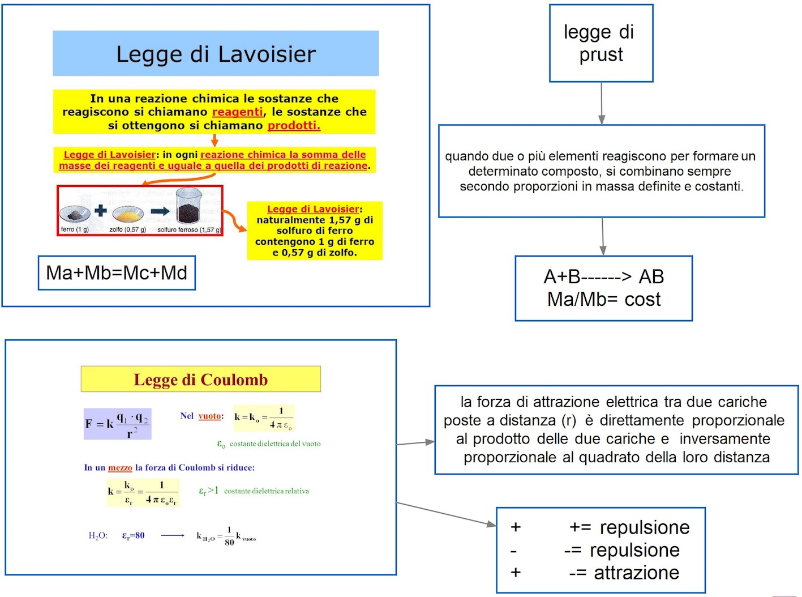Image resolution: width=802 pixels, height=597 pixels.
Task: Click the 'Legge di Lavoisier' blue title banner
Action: point(216,54)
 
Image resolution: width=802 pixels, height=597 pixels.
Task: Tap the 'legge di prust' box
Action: point(601,44)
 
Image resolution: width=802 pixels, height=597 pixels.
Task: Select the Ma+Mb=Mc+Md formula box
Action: point(117,273)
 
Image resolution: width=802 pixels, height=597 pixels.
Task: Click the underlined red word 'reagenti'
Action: point(237,112)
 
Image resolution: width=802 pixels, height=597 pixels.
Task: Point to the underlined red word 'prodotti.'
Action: point(294,126)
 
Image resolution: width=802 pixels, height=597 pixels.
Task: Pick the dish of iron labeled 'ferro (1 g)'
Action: point(75,214)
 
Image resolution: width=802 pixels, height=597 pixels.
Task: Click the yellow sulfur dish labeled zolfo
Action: point(128,214)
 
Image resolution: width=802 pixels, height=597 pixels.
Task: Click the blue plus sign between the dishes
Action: point(101,211)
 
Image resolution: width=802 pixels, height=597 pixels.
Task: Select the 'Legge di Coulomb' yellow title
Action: point(201,379)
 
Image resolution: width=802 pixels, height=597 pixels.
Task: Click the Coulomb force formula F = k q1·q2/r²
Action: point(118,424)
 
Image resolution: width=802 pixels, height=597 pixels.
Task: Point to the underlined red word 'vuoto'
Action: point(209,416)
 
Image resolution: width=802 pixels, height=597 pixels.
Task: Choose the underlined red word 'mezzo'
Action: point(120,468)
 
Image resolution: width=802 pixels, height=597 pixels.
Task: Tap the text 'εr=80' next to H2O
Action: point(134,536)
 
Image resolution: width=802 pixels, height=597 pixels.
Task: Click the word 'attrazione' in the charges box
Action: point(636,573)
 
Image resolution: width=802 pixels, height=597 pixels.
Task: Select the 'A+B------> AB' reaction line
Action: point(603,276)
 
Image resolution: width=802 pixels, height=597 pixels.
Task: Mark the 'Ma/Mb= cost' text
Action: point(603,299)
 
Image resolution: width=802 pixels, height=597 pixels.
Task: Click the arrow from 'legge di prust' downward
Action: point(601,103)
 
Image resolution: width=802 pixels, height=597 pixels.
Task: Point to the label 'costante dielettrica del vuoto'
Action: point(275,444)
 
